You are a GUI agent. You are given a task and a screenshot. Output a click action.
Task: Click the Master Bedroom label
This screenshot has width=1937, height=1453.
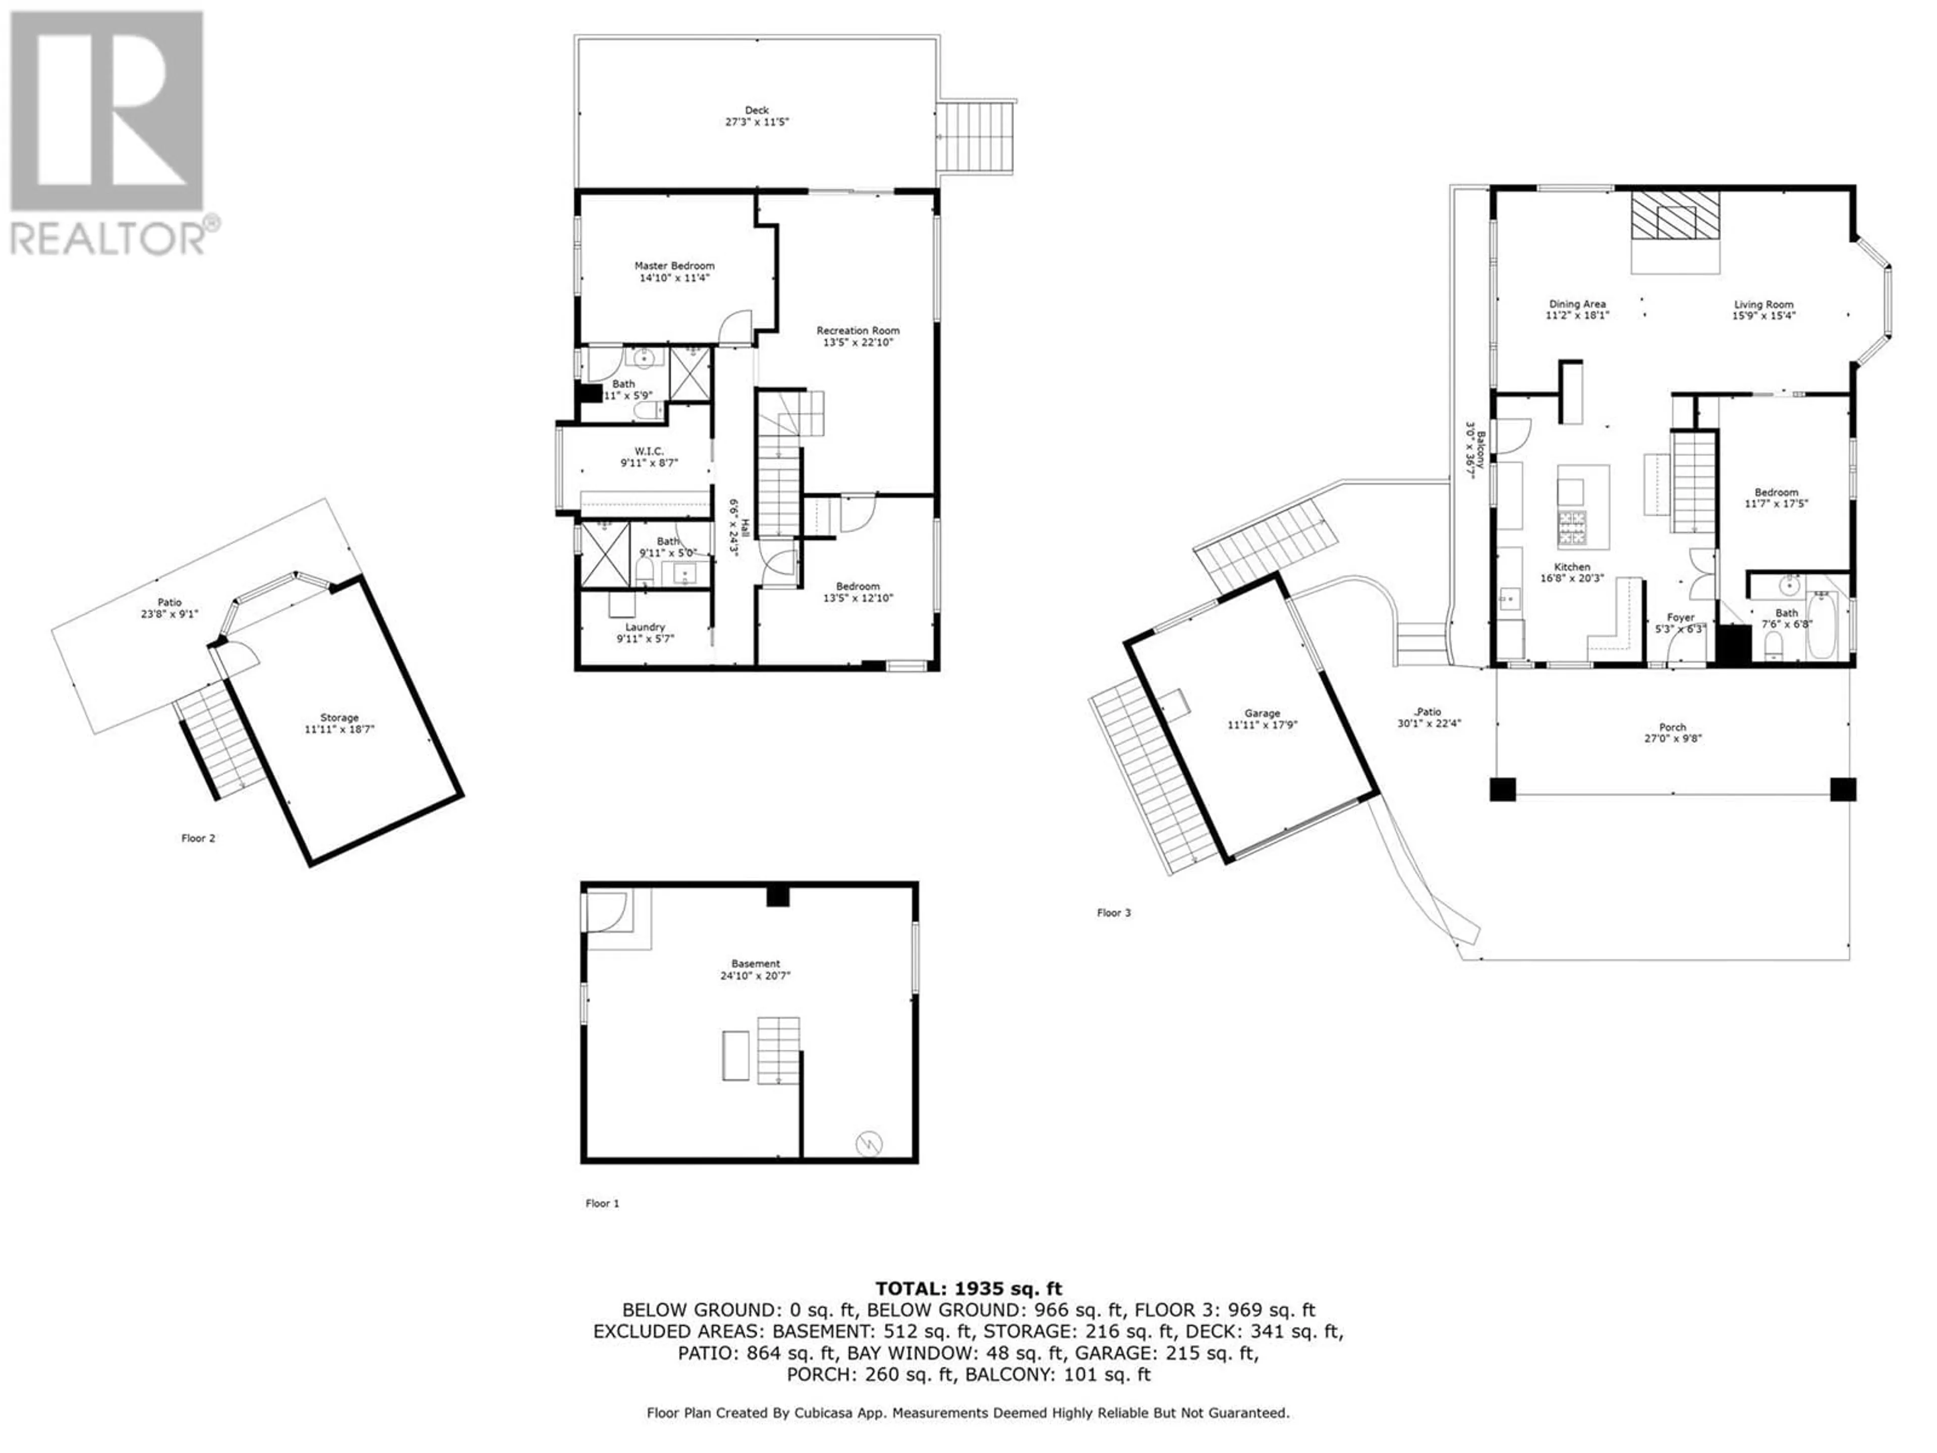(674, 265)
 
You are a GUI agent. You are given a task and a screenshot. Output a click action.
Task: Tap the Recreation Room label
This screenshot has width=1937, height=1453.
(858, 330)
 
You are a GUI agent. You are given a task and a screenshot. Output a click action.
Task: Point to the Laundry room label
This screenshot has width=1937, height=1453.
(645, 627)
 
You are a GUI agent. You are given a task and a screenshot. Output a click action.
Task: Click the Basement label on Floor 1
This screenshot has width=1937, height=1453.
(756, 964)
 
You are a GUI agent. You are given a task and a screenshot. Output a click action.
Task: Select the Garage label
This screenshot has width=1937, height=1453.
(1262, 713)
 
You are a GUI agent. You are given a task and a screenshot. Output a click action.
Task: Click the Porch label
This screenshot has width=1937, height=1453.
(1673, 727)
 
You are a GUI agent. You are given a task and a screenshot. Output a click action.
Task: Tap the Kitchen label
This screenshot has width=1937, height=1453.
(1573, 567)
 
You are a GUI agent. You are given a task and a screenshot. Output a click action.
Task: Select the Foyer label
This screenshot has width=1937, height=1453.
(1680, 618)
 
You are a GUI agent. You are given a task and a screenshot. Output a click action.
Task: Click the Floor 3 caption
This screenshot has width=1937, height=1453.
(1114, 913)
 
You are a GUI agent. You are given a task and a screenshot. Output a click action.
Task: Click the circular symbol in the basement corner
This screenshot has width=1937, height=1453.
(869, 1143)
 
